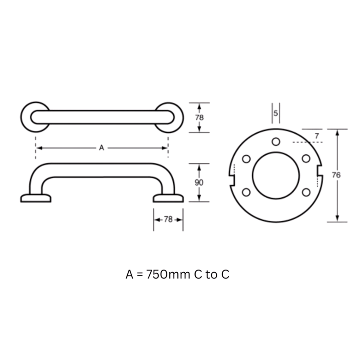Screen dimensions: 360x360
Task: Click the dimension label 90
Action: pos(199,183)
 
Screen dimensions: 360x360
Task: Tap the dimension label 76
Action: pos(336,175)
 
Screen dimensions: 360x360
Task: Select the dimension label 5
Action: pos(276,113)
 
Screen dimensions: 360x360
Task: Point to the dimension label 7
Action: pos(317,136)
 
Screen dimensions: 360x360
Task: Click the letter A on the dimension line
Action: pos(102,148)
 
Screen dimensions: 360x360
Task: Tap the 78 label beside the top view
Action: pos(199,118)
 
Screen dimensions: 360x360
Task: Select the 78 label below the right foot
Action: pos(168,220)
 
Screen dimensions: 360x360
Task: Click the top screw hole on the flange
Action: pos(276,142)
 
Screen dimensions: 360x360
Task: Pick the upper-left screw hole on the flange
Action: pos(246,159)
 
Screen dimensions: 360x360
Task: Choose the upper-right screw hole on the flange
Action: pos(306,158)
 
